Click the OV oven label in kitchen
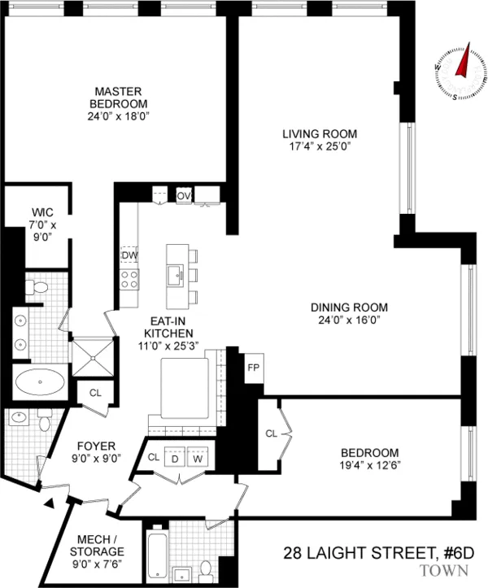(x=184, y=195)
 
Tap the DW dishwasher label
(x=129, y=255)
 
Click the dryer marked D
(x=174, y=458)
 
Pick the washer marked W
(x=198, y=458)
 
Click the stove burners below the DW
(x=129, y=279)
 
